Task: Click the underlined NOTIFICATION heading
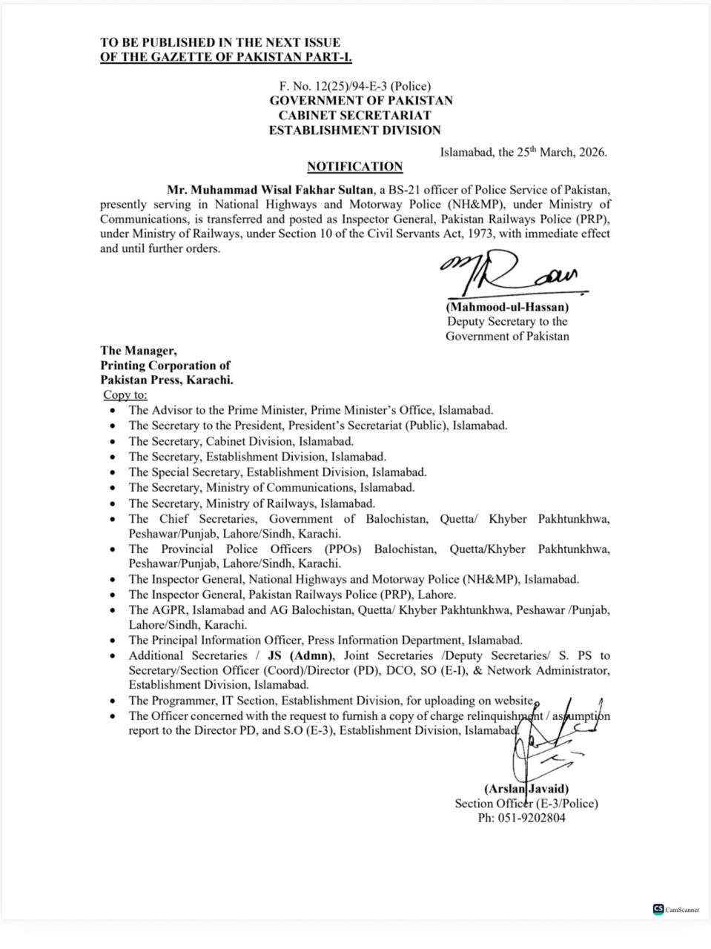[354, 167]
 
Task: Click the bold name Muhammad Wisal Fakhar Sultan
[271, 189]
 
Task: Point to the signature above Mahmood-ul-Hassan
[512, 276]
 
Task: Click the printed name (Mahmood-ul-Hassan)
[507, 306]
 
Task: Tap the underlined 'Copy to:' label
[125, 394]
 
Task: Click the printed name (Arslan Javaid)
[526, 789]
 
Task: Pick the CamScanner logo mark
[658, 909]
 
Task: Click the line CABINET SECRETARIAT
[354, 115]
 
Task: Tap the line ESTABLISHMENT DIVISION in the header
[354, 130]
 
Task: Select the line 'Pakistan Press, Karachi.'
[167, 380]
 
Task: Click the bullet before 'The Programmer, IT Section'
[111, 701]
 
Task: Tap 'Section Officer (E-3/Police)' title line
[526, 803]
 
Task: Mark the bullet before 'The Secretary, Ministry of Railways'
[111, 503]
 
